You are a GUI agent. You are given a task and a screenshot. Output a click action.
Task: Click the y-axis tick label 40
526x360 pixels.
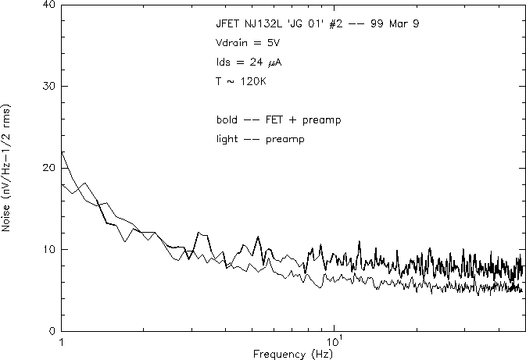point(48,5)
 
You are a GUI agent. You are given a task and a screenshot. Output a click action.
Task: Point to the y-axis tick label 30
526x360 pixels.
point(48,86)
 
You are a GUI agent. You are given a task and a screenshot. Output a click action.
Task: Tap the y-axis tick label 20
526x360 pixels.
point(48,168)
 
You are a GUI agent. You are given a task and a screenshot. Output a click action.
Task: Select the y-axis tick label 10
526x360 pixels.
point(48,249)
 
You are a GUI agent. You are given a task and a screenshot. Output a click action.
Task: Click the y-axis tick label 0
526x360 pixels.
point(52,331)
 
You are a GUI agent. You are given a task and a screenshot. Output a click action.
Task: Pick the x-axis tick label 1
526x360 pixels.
point(61,342)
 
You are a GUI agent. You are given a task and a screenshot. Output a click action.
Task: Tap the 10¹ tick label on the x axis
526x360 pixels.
point(334,341)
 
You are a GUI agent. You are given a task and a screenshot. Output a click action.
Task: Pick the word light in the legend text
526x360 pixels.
point(227,139)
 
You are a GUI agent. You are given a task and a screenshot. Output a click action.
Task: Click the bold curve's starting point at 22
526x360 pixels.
point(61,151)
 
